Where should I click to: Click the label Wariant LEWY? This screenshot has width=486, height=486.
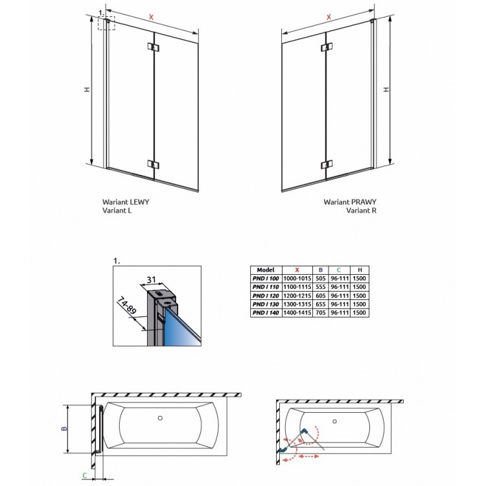click(126, 202)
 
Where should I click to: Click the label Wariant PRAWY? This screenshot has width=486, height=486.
click(350, 202)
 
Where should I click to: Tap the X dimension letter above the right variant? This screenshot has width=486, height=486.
click(329, 16)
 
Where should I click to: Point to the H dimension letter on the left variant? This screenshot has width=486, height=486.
click(86, 90)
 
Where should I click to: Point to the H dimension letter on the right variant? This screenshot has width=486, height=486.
click(386, 90)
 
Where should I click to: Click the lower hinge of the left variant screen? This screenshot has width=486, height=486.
click(153, 164)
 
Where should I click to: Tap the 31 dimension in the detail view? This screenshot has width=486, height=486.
click(151, 279)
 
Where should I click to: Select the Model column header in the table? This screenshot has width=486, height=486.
click(266, 270)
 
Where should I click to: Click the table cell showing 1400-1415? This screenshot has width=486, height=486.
click(298, 313)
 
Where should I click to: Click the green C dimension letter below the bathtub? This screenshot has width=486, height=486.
click(85, 476)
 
